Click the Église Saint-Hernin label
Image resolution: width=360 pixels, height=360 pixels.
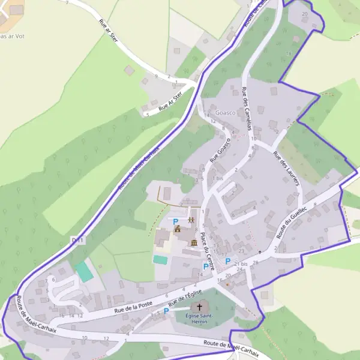tap(199, 318)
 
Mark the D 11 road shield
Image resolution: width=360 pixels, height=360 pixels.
tap(76, 241)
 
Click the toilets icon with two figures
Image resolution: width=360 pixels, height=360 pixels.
tap(191, 220)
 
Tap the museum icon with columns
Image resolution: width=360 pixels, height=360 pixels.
tap(194, 242)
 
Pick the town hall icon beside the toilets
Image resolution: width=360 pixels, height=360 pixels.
tap(177, 229)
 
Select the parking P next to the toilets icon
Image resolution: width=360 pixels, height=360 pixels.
tap(175, 221)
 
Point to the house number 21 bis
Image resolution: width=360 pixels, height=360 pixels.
tap(241, 264)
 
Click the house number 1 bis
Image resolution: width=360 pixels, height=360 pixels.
tap(218, 178)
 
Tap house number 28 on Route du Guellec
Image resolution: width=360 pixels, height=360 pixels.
tap(256, 262)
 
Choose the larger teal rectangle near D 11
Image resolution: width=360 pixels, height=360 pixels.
tap(85, 272)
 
